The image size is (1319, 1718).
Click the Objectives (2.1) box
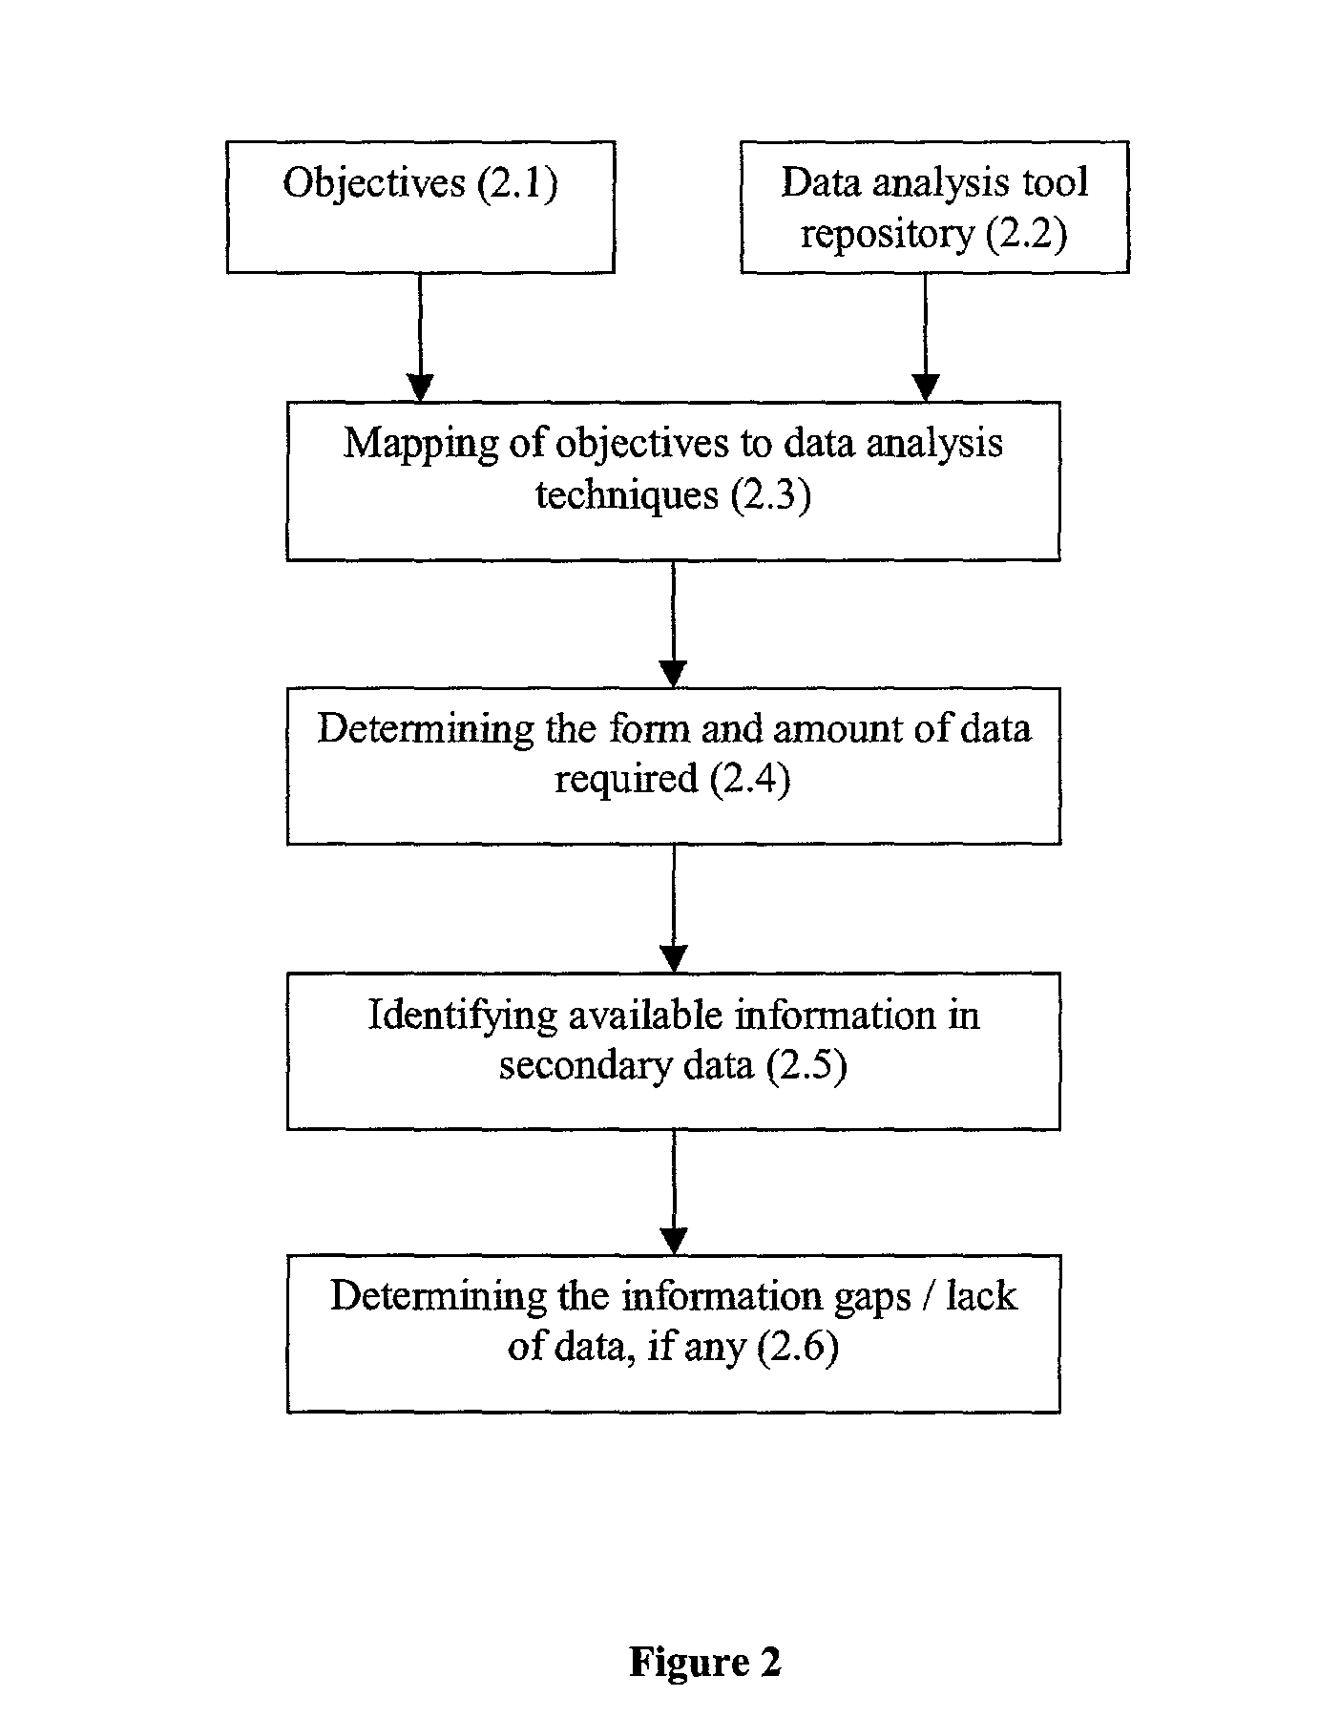point(421,207)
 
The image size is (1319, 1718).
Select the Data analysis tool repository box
point(934,207)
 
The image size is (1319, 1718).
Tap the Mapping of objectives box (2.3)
point(673,481)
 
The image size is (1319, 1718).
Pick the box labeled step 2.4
point(673,765)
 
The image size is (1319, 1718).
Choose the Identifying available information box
point(673,1051)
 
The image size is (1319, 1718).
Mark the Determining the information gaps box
point(673,1333)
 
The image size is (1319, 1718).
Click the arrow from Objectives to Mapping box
point(420,338)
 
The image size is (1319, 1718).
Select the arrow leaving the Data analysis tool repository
point(925,338)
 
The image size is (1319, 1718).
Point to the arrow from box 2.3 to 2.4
point(674,624)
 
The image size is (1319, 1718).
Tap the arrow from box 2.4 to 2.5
point(674,909)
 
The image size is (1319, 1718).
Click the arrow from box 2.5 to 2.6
point(674,1193)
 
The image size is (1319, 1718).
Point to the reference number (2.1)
point(516,183)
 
